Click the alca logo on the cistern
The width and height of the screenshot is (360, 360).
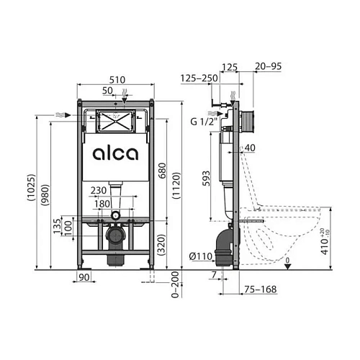[x=116, y=153]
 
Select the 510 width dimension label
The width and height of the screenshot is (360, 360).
[x=117, y=80]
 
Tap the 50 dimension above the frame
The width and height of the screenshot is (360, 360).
[x=107, y=91]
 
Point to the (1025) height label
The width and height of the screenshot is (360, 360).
[x=31, y=187]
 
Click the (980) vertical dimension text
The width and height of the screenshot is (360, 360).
[x=45, y=194]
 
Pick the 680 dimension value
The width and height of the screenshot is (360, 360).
[x=163, y=171]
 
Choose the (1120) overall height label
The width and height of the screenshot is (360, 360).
[x=176, y=186]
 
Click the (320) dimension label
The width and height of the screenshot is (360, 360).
[x=163, y=245]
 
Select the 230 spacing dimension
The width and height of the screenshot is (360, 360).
[x=99, y=191]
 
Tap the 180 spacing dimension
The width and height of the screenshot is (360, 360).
[x=102, y=204]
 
